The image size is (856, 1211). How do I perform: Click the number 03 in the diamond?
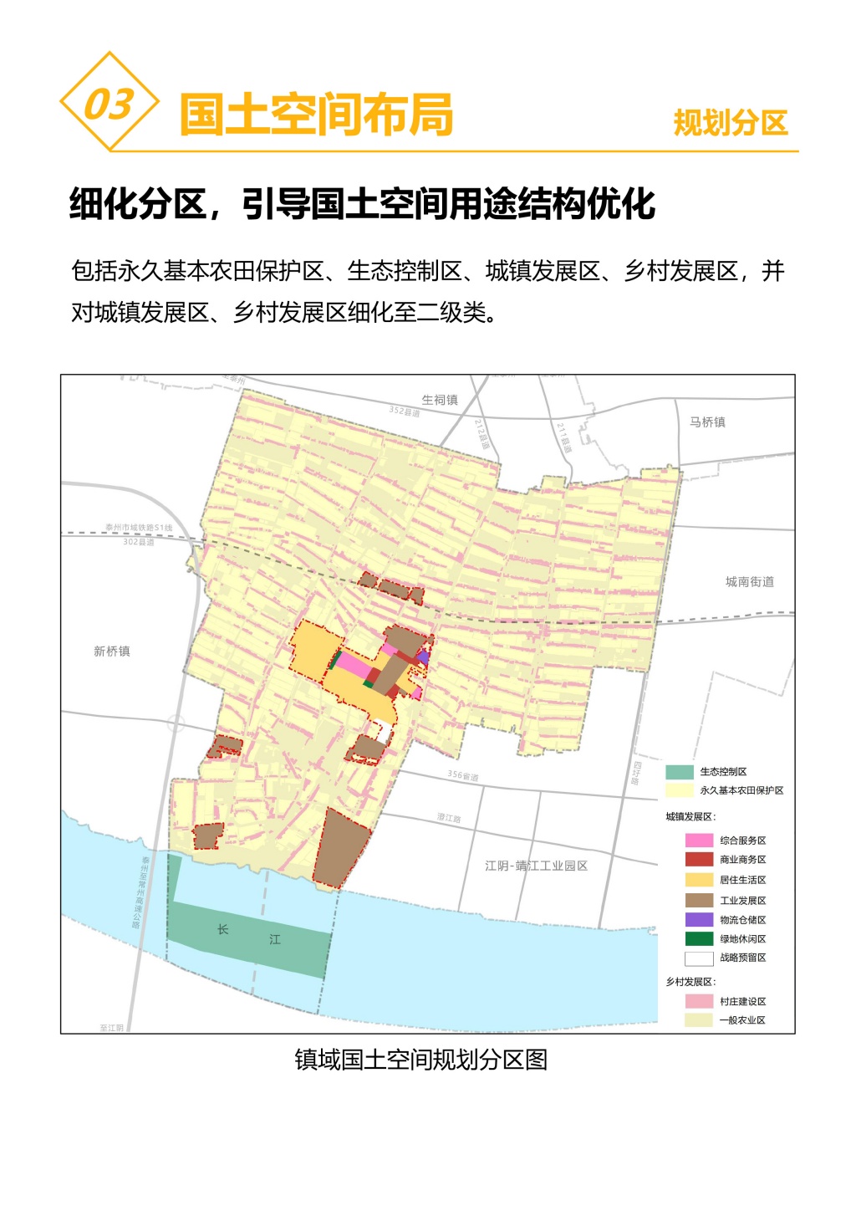(x=109, y=104)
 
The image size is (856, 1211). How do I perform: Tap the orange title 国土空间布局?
(x=317, y=115)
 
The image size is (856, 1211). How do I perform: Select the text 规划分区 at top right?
(x=731, y=123)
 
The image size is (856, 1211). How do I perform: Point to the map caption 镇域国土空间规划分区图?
(x=421, y=1060)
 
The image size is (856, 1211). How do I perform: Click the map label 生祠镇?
(x=440, y=400)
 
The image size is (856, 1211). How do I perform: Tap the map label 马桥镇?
(x=707, y=422)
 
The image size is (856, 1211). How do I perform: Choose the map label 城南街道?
(x=749, y=582)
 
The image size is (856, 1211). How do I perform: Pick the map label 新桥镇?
(x=112, y=651)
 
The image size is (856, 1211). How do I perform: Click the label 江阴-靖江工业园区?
(x=536, y=866)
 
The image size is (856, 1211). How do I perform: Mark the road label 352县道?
(x=405, y=411)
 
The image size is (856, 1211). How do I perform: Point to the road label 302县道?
(x=139, y=542)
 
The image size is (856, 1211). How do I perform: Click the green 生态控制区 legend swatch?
(x=680, y=772)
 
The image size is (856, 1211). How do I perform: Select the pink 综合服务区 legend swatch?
(x=699, y=841)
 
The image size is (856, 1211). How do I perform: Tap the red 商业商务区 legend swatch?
(x=699, y=860)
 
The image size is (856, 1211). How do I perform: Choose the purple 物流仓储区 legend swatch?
(x=699, y=920)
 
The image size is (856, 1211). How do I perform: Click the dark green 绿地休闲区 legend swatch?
(x=699, y=939)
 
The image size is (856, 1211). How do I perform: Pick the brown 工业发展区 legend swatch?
(x=699, y=901)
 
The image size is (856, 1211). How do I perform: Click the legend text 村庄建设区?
(x=742, y=1001)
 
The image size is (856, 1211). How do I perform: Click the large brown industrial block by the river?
(x=340, y=846)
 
